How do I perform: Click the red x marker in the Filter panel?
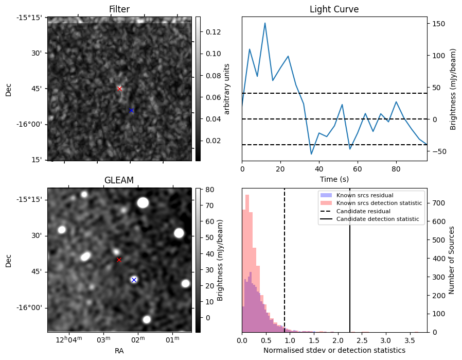[x=119, y=89]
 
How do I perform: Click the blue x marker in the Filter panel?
[x=131, y=110]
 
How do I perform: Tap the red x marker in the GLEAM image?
[x=119, y=260]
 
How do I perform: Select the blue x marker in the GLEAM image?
[x=134, y=280]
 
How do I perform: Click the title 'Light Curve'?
[x=334, y=9]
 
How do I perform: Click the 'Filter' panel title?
[x=119, y=9]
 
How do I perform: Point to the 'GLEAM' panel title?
[x=119, y=180]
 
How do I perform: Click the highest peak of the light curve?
[x=265, y=23]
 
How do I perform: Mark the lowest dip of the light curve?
[x=311, y=154]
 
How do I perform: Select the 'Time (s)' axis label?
[x=334, y=179]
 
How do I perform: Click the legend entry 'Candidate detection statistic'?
[x=378, y=219]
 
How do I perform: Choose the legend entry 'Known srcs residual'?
[x=364, y=195]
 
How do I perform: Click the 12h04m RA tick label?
[x=68, y=339]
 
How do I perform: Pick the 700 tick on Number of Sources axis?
[x=437, y=203]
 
